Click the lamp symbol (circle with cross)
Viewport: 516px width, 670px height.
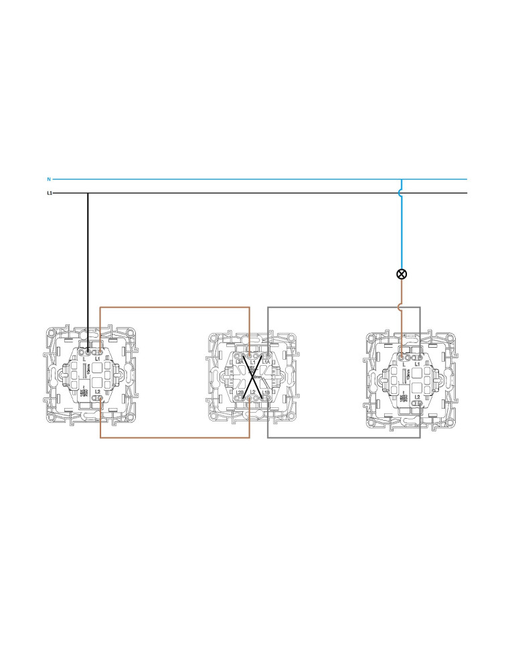402,273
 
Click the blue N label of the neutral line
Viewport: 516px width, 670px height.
49,180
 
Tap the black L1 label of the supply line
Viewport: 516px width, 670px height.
50,193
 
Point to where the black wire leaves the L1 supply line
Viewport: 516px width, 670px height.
88,193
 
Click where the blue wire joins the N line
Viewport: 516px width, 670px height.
401,180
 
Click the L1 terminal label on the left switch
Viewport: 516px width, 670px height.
98,359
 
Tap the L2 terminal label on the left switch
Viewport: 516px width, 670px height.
98,391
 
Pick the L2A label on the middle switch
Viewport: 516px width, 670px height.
239,362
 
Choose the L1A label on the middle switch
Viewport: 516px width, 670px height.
266,362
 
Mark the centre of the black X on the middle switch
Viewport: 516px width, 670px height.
253,377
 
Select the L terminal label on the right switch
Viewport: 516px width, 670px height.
403,364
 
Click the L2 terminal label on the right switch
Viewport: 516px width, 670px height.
418,397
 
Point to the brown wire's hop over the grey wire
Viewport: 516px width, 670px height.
402,308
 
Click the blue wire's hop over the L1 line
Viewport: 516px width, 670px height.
402,193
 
